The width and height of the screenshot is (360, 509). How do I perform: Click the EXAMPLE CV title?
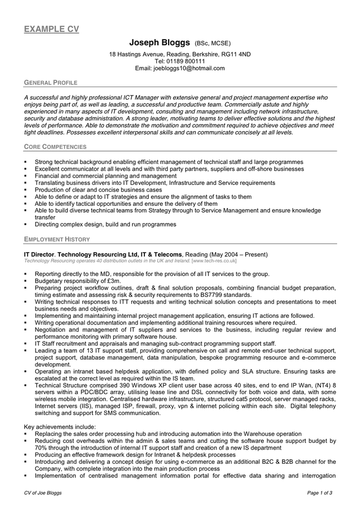coord(51,29)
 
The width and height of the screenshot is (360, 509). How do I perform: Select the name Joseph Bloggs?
coord(160,42)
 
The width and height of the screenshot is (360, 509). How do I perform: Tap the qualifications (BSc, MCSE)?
coord(213,43)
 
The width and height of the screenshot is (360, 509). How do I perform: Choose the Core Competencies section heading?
coord(55,147)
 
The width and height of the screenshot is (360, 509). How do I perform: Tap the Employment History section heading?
coord(57,239)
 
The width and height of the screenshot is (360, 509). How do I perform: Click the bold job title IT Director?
coord(39,255)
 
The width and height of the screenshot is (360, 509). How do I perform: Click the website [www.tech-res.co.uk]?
coord(214,261)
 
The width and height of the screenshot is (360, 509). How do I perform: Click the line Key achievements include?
coord(59,427)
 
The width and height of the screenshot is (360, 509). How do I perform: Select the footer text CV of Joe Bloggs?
coord(42,493)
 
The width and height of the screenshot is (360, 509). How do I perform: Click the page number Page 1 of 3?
coord(320,493)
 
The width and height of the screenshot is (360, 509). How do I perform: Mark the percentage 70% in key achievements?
coord(41,448)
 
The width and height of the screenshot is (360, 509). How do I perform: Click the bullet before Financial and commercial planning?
coord(26,176)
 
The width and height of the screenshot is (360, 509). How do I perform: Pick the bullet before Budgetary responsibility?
coord(26,281)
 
